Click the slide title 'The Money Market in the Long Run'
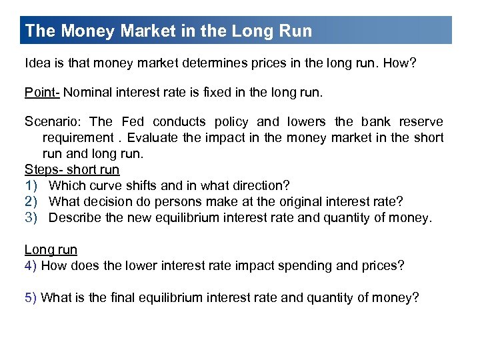(x=168, y=31)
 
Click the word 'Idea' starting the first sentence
(x=37, y=63)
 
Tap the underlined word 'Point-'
(x=41, y=92)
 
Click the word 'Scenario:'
(x=53, y=121)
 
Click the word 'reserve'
(x=421, y=121)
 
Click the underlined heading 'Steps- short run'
(x=71, y=169)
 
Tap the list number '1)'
(x=31, y=185)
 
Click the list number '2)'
(x=31, y=201)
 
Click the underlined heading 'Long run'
(x=51, y=249)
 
